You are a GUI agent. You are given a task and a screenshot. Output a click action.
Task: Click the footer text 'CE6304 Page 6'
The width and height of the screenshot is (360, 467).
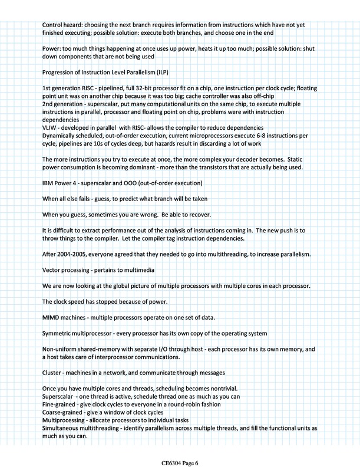pos(180,453)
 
